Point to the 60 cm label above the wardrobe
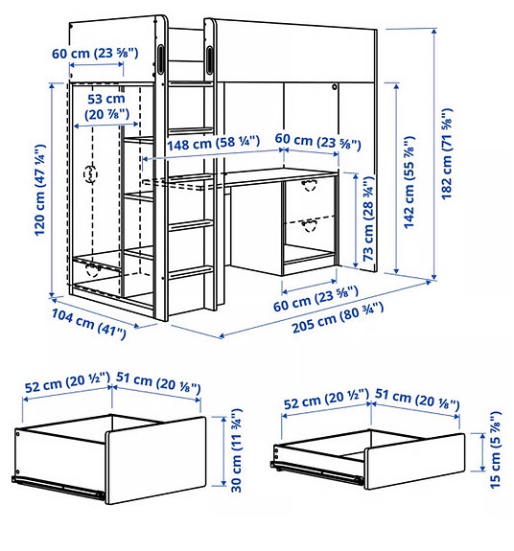pyautogui.click(x=98, y=54)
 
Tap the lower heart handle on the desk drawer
pyautogui.click(x=308, y=225)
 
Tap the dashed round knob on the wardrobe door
pyautogui.click(x=91, y=174)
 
